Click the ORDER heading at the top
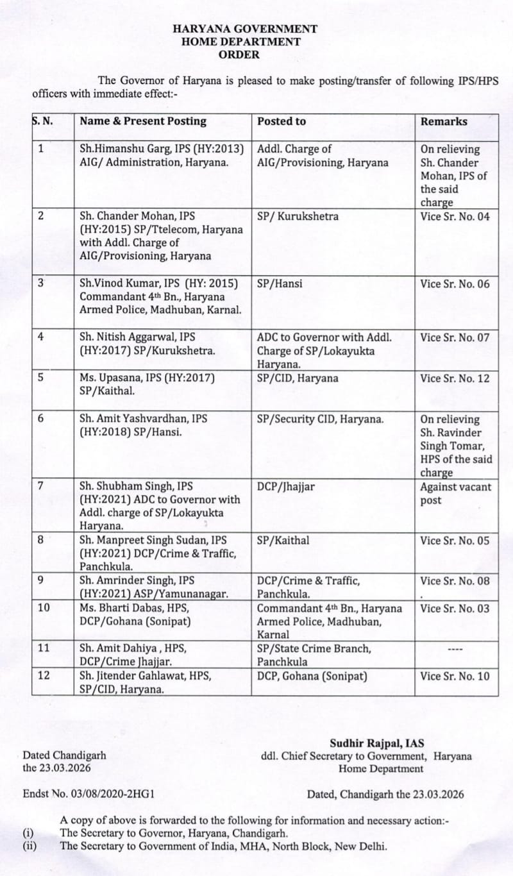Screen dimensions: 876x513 239,55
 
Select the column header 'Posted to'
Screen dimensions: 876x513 282,121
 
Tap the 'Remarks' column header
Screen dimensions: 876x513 444,121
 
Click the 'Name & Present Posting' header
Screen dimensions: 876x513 143,121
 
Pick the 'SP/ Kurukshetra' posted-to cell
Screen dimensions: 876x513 298,216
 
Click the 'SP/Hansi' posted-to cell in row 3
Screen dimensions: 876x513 280,283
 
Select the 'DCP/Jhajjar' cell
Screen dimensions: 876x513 286,487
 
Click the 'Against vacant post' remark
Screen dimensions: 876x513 455,493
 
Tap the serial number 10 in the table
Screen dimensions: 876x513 44,608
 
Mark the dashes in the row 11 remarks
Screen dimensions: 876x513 455,649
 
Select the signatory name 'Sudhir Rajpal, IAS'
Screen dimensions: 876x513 377,744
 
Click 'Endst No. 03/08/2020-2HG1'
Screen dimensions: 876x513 88,795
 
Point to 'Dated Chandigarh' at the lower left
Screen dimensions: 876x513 65,756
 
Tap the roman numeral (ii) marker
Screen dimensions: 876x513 29,846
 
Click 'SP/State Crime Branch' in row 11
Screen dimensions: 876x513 314,648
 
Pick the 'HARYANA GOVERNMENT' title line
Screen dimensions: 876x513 245,29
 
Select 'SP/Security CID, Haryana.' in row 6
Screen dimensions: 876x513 321,419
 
